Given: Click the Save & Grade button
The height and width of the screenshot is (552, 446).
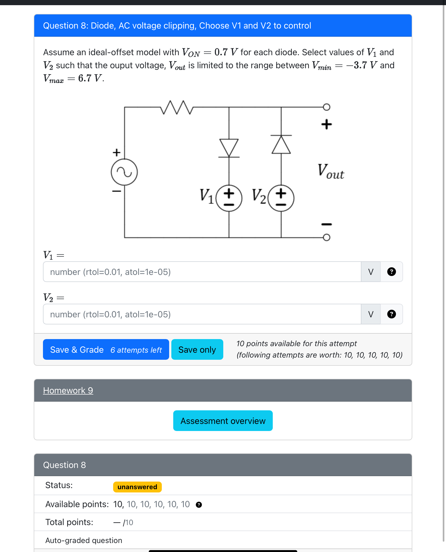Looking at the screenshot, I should pos(106,349).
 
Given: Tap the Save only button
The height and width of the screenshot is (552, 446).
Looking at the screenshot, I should pos(197,349).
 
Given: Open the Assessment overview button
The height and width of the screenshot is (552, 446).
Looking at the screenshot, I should pos(223,421).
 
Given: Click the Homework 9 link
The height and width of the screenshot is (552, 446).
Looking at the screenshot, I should pos(68,390).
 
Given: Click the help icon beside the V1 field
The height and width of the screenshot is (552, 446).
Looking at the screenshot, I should pos(391,272).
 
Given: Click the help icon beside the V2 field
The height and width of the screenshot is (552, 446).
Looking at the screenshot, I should pos(391,314).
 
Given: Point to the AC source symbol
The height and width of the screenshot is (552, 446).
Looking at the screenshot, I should pos(124,172).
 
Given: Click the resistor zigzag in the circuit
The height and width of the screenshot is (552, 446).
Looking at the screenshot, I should pos(177,107).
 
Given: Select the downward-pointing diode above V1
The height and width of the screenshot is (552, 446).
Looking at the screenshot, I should pos(229,148).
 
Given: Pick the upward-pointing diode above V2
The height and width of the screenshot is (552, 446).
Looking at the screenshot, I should pos(281,144).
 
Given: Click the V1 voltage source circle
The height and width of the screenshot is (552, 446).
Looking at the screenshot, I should pos(229,198).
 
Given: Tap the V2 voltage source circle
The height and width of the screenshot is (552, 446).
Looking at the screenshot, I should pos(281,198).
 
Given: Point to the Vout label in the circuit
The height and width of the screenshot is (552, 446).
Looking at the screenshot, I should pos(331,172).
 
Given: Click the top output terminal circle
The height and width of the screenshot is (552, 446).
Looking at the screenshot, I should pos(327,107).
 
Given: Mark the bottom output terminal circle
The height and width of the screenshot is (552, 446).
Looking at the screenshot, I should pos(327,237).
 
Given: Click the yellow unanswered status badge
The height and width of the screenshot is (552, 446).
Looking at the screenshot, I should pos(137,487).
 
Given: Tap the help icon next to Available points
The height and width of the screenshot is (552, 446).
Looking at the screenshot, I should pos(199,505).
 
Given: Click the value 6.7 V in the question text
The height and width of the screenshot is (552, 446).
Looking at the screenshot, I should pos(90,78).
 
